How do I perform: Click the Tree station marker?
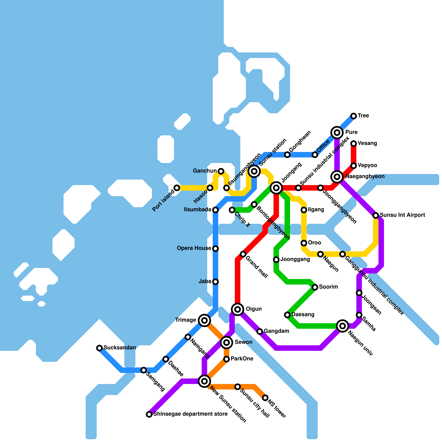(354, 116)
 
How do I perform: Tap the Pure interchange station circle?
(337, 133)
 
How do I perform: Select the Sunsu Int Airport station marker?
(376, 215)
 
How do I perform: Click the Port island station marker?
(177, 188)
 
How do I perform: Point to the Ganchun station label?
(205, 171)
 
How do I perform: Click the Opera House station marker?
(215, 249)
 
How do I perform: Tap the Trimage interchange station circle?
(204, 320)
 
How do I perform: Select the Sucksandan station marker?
(99, 348)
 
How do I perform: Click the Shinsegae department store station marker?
(149, 414)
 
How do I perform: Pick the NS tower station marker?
(265, 398)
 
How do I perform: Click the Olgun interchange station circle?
(238, 309)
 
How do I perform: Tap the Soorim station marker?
(315, 287)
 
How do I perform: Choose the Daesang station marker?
(287, 315)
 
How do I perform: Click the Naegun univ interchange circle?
(343, 326)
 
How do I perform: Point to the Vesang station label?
(367, 143)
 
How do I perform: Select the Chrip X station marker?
(232, 210)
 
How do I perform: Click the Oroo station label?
(314, 243)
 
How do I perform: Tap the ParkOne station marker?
(227, 359)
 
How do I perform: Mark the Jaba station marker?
(215, 282)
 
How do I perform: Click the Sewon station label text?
(243, 342)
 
